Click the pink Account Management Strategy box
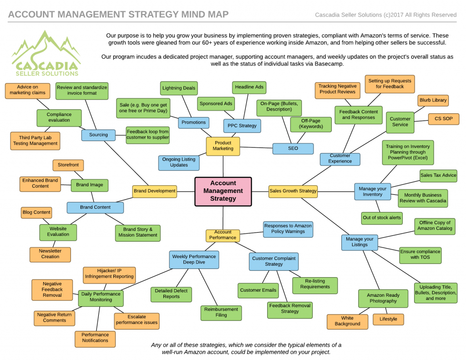tap(223, 192)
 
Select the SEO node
tap(293, 148)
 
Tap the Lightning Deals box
tap(179, 88)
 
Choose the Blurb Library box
tap(433, 100)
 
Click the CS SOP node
tap(443, 119)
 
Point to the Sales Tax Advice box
tap(438, 175)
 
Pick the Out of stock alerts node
tap(382, 218)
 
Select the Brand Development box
tap(155, 191)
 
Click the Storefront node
tap(68, 165)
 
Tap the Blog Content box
tap(36, 213)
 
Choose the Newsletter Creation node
tap(50, 254)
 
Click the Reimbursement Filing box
tap(221, 312)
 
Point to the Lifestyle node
tap(388, 319)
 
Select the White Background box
tap(347, 321)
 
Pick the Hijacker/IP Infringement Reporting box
tap(109, 274)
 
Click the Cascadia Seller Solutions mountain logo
tap(46, 54)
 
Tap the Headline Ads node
tap(249, 87)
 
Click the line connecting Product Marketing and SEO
tap(256, 147)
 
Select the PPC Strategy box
tap(242, 126)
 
